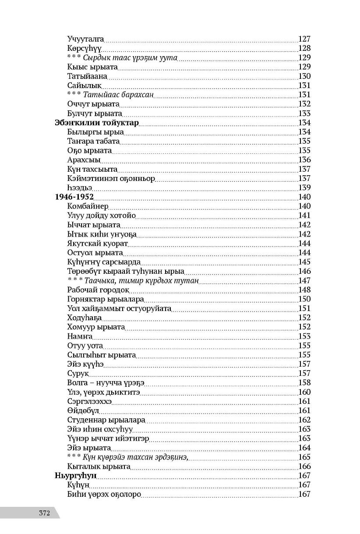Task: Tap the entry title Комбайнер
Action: (x=88, y=206)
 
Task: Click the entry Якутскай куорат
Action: (x=98, y=244)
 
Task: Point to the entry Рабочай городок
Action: (x=98, y=290)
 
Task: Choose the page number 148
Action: (x=304, y=290)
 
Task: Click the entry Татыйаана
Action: (x=88, y=76)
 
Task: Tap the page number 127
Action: (x=304, y=39)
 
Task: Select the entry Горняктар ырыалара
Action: (x=106, y=299)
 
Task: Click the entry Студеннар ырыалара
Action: (x=106, y=420)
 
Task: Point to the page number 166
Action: (x=304, y=467)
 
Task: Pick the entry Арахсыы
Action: (x=84, y=160)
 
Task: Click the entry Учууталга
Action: (x=86, y=39)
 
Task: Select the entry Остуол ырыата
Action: (x=95, y=253)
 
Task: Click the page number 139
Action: (x=304, y=187)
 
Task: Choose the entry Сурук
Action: (x=78, y=374)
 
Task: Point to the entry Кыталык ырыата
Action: (x=99, y=467)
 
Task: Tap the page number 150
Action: (x=304, y=299)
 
